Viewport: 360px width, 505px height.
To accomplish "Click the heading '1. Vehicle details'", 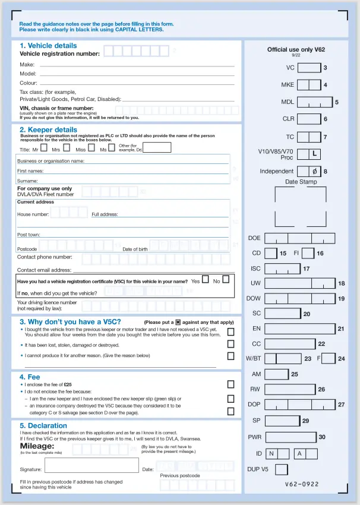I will coord(48,46).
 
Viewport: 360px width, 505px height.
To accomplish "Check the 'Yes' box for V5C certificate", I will coord(205,279).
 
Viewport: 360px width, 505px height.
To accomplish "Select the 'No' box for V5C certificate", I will coord(226,279).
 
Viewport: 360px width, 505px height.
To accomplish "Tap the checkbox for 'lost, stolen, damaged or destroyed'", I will coord(230,343).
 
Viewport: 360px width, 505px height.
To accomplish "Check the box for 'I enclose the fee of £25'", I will coord(230,384).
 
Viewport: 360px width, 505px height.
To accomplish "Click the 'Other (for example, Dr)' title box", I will coord(157,147).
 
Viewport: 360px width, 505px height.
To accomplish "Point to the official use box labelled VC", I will coord(309,68).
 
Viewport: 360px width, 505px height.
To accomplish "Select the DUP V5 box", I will coord(282,469).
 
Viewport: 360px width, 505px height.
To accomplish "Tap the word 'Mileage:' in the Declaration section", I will coord(37,446).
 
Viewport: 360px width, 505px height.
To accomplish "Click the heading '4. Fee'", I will coord(30,377).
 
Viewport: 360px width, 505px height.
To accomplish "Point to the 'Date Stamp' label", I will coord(301,182).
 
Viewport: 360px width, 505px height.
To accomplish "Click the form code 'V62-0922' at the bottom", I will coord(300,484).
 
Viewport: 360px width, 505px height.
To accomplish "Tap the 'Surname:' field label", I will coord(27,181).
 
